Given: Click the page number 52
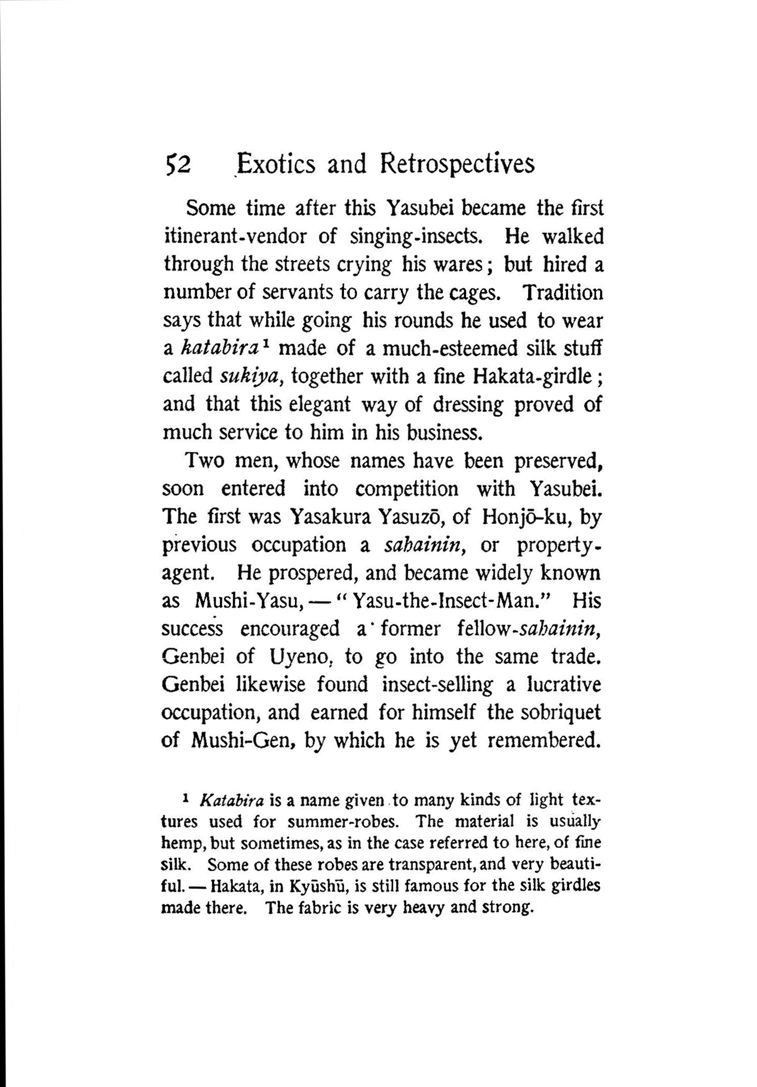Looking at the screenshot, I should [177, 165].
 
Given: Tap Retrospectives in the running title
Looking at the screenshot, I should [456, 164].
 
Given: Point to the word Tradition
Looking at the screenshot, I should [562, 293].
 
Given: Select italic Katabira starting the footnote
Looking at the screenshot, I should [231, 801].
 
